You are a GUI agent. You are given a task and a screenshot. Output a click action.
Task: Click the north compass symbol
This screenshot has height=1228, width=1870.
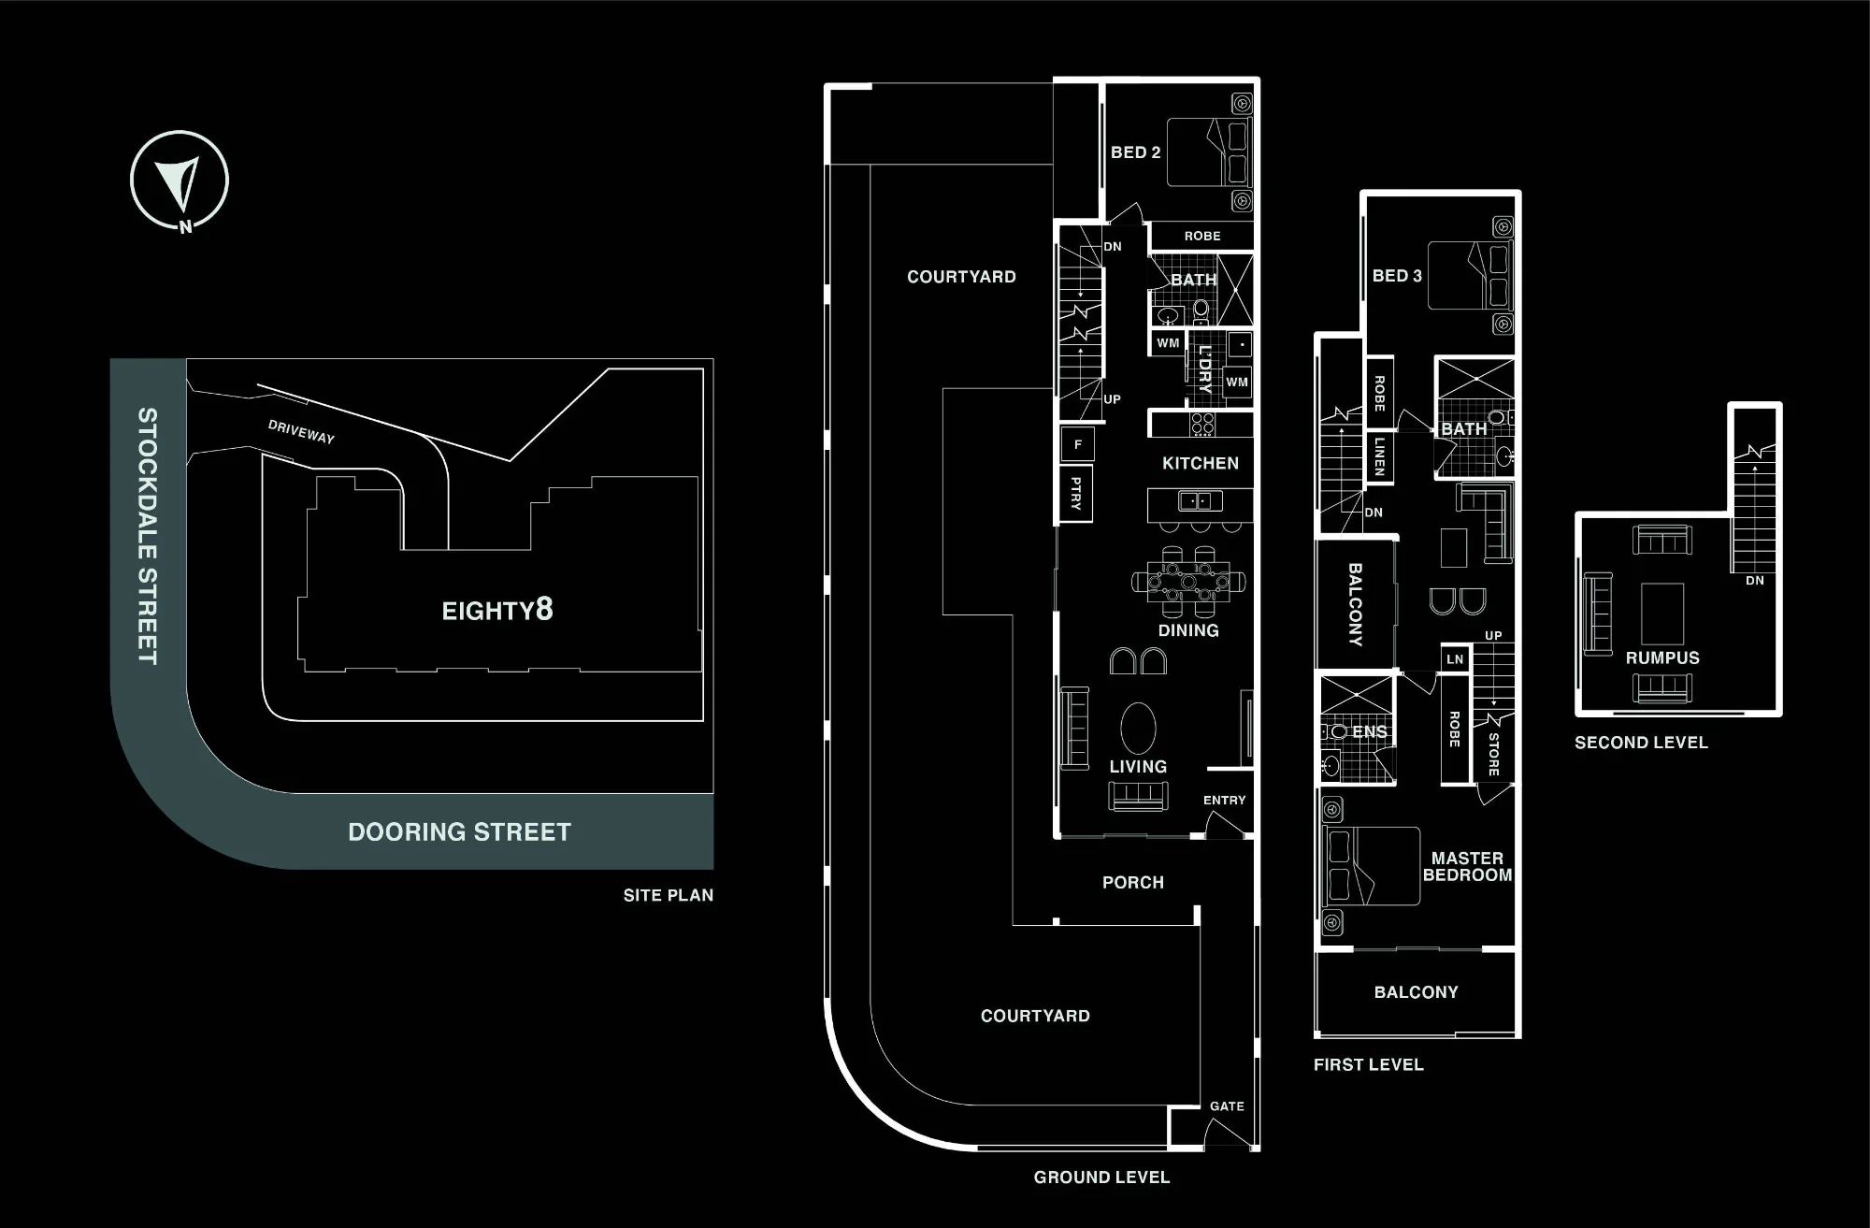coord(180,181)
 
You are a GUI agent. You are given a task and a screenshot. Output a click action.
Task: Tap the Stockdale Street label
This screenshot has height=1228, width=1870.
coord(147,536)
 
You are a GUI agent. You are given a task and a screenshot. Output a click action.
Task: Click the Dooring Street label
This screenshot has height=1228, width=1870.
coord(459,832)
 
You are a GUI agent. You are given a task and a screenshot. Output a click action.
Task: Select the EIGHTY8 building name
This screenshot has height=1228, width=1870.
coord(497,610)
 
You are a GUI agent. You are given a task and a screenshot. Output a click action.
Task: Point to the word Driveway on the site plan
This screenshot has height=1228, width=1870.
coord(301,431)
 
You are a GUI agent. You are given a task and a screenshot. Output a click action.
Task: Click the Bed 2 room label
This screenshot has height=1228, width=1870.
coord(1135,152)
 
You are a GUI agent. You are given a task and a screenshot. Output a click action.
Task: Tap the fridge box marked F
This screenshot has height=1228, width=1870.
coord(1077,444)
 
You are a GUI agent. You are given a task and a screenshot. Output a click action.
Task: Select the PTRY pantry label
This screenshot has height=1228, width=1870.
coord(1076,493)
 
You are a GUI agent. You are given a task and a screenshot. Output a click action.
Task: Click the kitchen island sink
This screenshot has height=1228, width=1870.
coord(1194,501)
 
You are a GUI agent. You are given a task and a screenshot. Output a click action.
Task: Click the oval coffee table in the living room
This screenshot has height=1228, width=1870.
coord(1138,728)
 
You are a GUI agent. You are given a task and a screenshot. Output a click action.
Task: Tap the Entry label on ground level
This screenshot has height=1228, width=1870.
coord(1224,801)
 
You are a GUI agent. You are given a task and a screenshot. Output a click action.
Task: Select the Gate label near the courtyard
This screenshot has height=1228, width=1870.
coord(1227,1106)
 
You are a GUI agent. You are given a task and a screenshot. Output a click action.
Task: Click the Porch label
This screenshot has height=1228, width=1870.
coord(1133,882)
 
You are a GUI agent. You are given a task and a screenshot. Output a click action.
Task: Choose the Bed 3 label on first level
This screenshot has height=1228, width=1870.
coord(1397,276)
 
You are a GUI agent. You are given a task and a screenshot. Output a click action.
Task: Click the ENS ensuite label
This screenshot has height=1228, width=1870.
coord(1370,731)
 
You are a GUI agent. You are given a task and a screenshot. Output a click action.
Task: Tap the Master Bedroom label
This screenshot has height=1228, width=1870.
coord(1467,866)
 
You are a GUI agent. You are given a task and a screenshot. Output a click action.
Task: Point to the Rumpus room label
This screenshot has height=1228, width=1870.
coord(1662,657)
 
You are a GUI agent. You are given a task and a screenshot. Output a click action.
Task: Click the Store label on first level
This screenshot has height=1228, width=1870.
coord(1493,755)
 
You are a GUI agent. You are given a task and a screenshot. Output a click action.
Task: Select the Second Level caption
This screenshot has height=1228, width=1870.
coord(1641,743)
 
